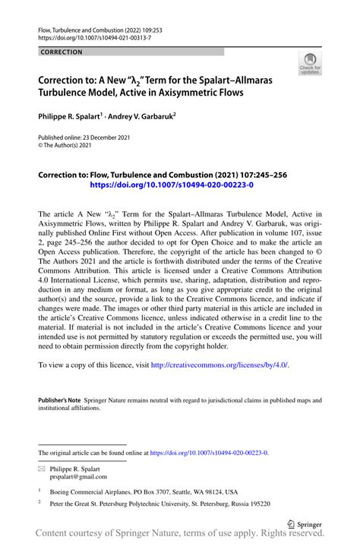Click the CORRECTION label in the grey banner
tap(62, 52)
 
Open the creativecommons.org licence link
tap(219, 365)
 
